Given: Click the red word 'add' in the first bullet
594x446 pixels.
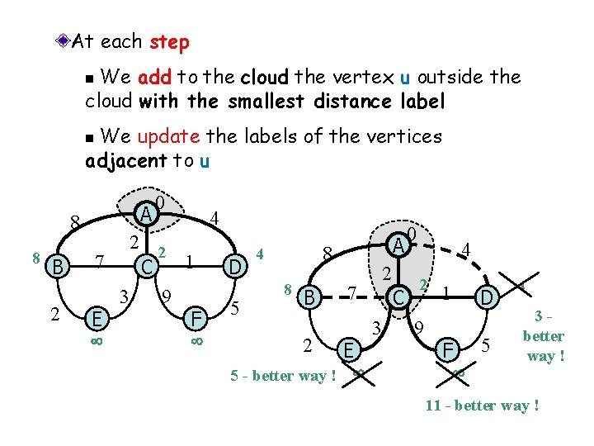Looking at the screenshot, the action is (x=154, y=78).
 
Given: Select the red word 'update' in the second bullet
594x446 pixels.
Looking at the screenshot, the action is (x=166, y=135).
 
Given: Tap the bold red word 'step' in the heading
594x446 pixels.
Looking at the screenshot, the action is (x=169, y=40).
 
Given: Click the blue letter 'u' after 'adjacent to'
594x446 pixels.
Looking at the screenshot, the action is (x=204, y=160).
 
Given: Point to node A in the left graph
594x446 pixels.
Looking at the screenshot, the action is (x=145, y=214).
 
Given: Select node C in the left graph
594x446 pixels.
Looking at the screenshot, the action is (x=144, y=266).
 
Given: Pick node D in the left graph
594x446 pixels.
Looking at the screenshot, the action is (x=235, y=267).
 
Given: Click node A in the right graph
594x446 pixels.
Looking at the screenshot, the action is (x=398, y=244).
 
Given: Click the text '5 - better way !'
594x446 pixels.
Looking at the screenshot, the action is (x=283, y=377).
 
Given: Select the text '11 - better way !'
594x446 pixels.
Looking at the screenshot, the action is (x=482, y=406).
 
